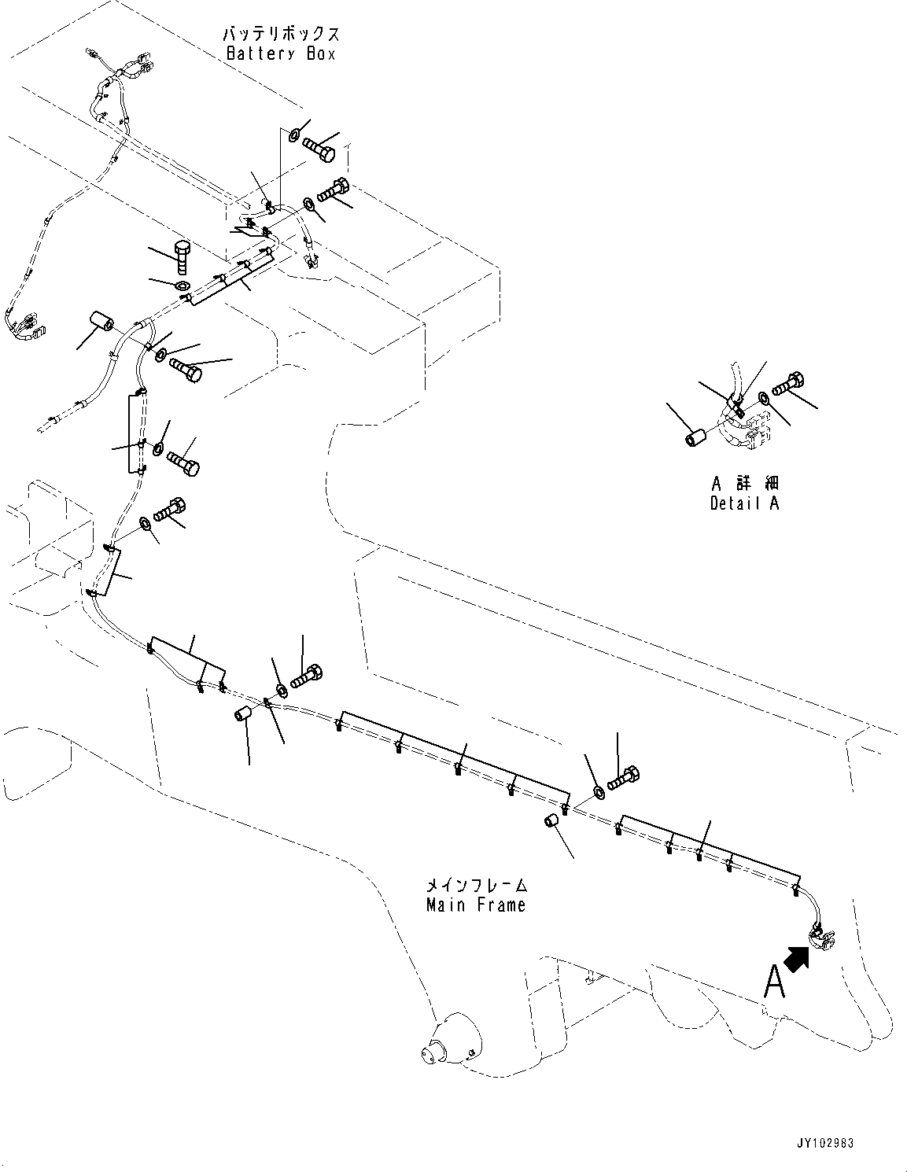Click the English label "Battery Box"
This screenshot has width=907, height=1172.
coord(281,54)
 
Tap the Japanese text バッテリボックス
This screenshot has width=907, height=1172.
coord(281,35)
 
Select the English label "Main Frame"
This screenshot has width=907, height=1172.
coord(475,905)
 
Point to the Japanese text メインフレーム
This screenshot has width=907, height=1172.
coord(475,885)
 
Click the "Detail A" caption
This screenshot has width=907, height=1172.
coord(743,503)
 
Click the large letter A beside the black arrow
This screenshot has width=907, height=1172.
coord(774,982)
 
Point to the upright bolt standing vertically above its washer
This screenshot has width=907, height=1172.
coord(181,252)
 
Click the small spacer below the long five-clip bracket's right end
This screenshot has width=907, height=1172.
coord(553,822)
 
